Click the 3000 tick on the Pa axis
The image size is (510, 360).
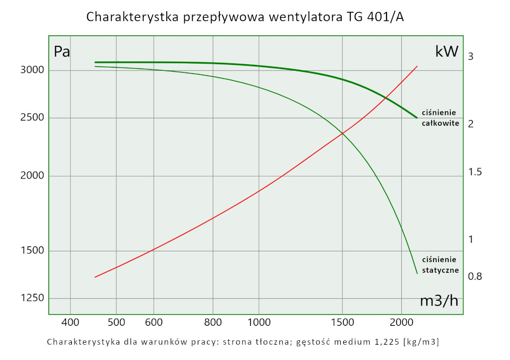pos(33,70)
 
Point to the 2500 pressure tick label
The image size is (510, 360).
pos(33,118)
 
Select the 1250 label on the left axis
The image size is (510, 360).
pos(33,298)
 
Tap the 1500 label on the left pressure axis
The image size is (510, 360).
pos(33,250)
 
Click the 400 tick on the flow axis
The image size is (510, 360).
pos(70,322)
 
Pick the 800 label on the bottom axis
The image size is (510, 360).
pos(213,322)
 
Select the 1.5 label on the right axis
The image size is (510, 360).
pos(475,172)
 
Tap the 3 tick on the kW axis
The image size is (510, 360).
pos(471,56)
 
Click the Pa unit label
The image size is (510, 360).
pos(62,52)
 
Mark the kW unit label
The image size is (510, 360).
pos(447,52)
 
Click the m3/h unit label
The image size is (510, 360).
pos(439,301)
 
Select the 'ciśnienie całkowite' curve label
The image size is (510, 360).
pos(441,118)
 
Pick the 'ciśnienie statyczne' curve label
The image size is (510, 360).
pos(441,265)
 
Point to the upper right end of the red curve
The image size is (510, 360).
pos(417,66)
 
